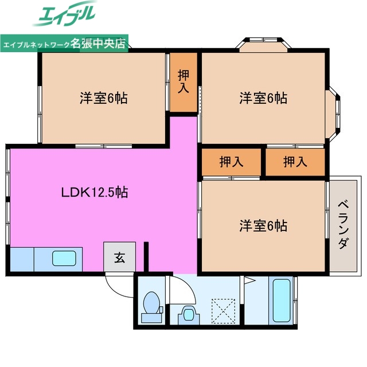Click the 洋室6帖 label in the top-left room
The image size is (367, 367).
point(103,98)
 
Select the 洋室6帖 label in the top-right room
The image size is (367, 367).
point(263,98)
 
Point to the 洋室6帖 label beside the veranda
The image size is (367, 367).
point(263,225)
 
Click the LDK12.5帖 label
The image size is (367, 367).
point(95,193)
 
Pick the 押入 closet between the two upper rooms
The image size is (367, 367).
point(183,81)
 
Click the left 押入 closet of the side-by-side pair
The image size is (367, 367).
point(231,162)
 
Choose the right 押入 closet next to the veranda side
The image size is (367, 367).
point(295,162)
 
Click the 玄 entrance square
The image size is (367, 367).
point(119,257)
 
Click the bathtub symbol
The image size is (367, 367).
point(282,300)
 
